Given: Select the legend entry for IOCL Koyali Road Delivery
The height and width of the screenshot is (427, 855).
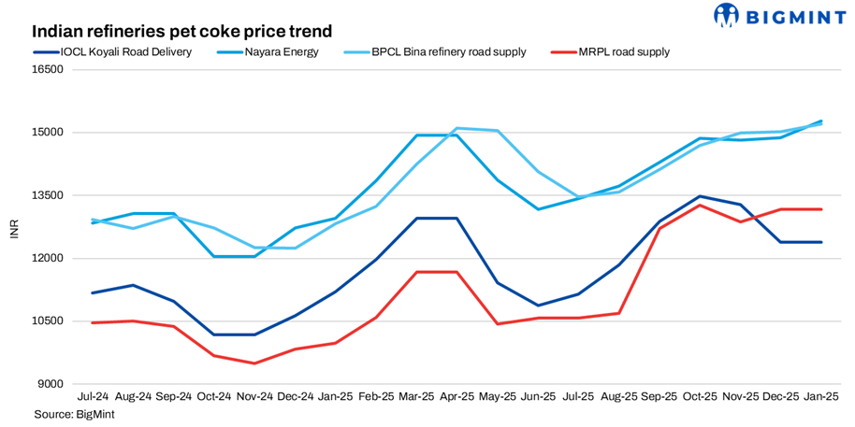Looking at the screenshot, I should (122, 52).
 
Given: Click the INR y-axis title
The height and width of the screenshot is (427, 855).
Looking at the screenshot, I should (14, 227).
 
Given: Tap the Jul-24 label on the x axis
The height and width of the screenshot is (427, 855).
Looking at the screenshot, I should (93, 397).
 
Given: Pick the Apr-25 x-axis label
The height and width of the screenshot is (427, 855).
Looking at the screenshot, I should (456, 397).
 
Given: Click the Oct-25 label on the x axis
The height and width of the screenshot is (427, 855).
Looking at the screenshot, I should (700, 397).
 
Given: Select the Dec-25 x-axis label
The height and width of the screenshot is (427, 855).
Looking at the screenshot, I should (781, 397).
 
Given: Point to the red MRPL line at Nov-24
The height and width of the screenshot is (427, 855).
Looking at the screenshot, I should (254, 363).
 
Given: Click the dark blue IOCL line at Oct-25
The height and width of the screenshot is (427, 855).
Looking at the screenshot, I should (700, 196).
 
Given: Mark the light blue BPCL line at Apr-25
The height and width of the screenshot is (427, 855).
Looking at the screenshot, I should (456, 128).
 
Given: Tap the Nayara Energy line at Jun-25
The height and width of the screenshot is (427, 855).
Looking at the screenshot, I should (538, 208).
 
